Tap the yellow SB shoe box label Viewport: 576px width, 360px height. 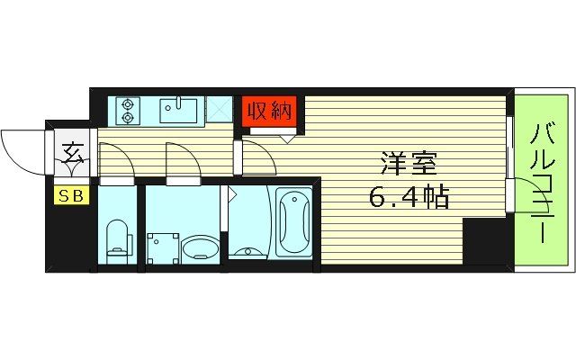pyautogui.click(x=67, y=195)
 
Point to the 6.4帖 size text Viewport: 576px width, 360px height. pyautogui.click(x=410, y=194)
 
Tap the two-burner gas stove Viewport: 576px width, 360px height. pyautogui.click(x=127, y=110)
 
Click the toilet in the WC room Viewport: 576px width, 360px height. pyautogui.click(x=116, y=239)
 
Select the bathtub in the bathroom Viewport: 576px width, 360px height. pyautogui.click(x=293, y=224)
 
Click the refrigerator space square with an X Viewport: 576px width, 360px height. pyautogui.click(x=220, y=111)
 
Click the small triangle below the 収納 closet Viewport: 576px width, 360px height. pyautogui.click(x=287, y=139)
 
